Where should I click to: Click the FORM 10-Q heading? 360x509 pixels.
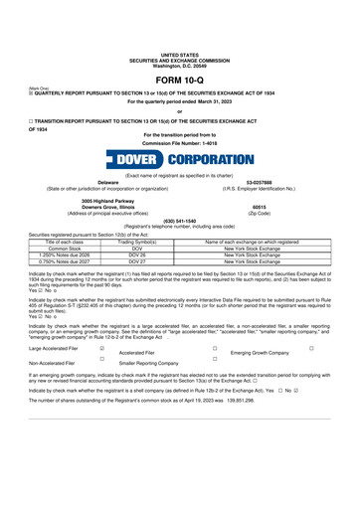(179, 80)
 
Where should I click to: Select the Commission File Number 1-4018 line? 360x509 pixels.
(179, 142)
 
